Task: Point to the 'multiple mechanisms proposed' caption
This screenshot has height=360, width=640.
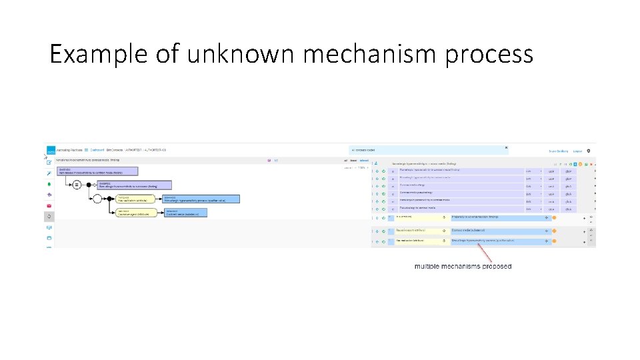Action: pyautogui.click(x=463, y=266)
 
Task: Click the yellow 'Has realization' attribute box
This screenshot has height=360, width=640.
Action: pyautogui.click(x=136, y=199)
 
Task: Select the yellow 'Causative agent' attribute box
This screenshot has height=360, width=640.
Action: pyautogui.click(x=136, y=213)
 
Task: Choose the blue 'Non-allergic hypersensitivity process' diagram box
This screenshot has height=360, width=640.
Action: pyautogui.click(x=200, y=199)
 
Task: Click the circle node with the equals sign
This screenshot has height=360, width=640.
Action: pyautogui.click(x=77, y=185)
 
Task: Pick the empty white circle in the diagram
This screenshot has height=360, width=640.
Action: pyautogui.click(x=98, y=199)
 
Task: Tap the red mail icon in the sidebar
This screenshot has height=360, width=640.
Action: pyautogui.click(x=49, y=205)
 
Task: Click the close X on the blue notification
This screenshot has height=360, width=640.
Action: pyautogui.click(x=506, y=147)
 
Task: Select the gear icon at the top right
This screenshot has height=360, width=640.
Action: pyautogui.click(x=589, y=151)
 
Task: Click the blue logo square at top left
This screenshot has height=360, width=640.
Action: pyautogui.click(x=49, y=151)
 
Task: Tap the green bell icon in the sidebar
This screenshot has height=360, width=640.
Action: pyautogui.click(x=49, y=183)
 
